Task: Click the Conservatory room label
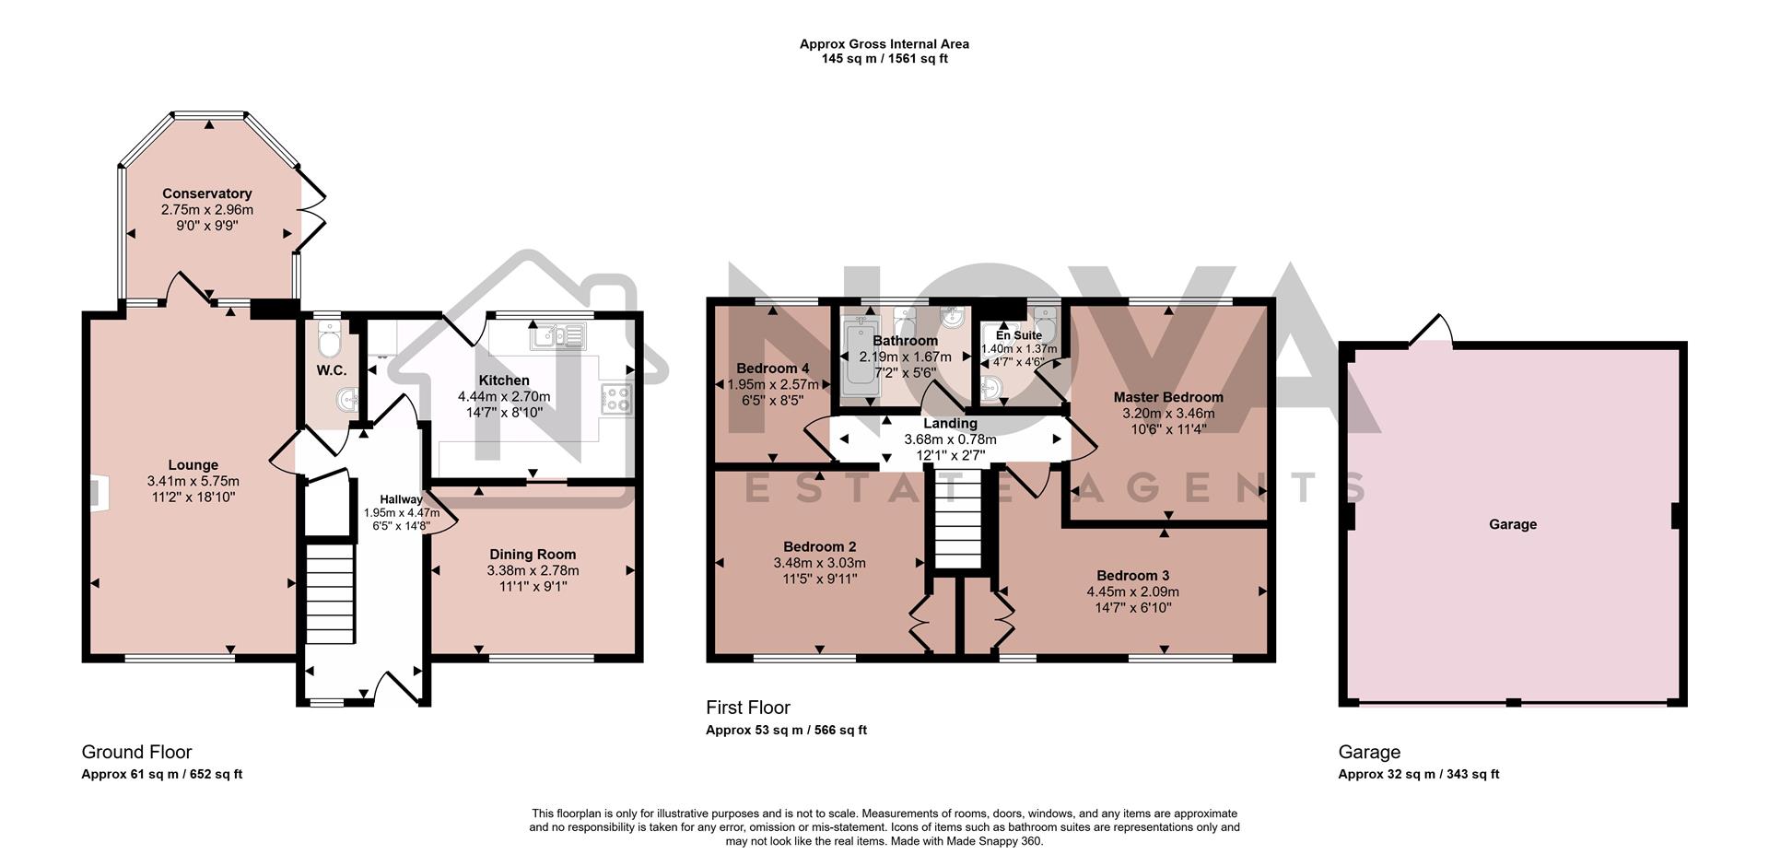(x=206, y=193)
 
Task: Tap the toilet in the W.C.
(x=328, y=342)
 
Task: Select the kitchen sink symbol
(x=556, y=336)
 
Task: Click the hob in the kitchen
(x=616, y=399)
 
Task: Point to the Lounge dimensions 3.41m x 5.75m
(x=193, y=481)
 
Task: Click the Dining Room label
(x=533, y=554)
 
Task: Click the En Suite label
(x=1018, y=335)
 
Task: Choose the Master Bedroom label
(x=1167, y=397)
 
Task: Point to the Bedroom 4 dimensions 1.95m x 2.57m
(x=772, y=384)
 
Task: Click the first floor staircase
(x=959, y=521)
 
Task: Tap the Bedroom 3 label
(x=1132, y=576)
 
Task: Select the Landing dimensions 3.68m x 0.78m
(x=950, y=439)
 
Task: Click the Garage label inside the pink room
(x=1512, y=524)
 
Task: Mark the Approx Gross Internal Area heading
(x=884, y=43)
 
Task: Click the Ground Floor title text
(x=136, y=752)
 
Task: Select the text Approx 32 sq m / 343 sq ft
(x=1418, y=774)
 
